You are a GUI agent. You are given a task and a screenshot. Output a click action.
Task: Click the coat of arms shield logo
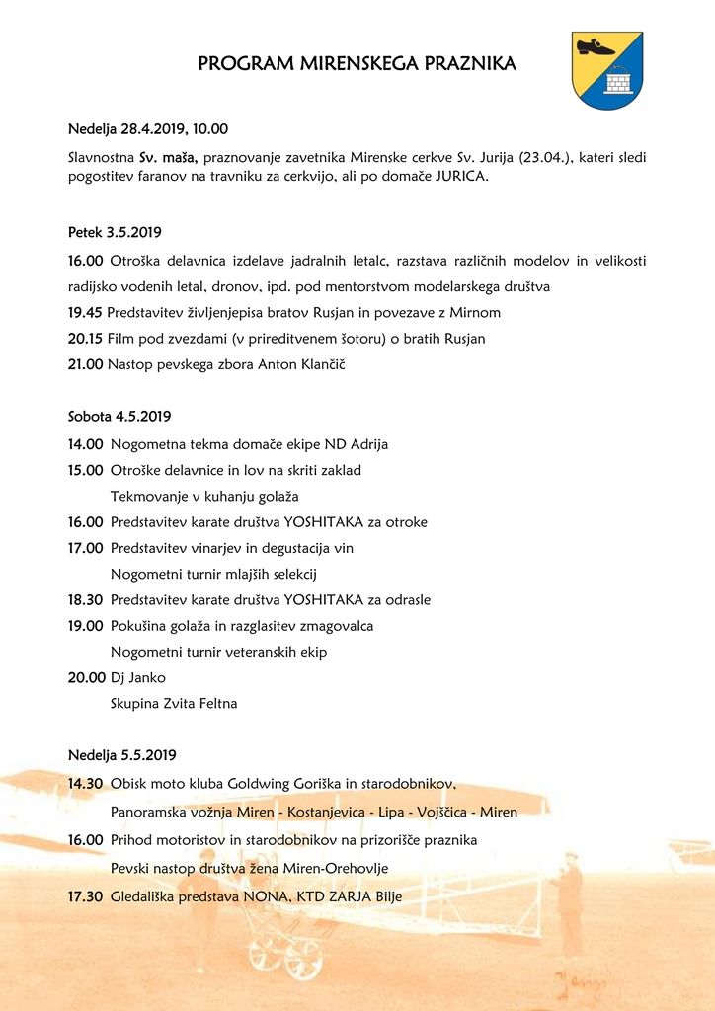607,69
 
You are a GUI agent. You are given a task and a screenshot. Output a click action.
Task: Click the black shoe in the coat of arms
595,47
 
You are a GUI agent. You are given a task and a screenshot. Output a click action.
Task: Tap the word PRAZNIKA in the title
470,64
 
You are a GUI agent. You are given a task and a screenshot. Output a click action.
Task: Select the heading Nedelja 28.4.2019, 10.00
148,129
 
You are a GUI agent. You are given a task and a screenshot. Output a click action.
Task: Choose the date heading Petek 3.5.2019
115,233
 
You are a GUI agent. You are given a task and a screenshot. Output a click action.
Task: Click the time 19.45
85,313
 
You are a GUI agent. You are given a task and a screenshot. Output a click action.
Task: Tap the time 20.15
85,339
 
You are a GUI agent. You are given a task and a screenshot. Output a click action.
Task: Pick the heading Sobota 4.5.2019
119,417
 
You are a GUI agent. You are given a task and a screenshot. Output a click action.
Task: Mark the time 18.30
85,599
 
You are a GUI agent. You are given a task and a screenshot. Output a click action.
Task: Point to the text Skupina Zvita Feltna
174,704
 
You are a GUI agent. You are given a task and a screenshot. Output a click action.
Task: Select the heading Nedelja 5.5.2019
122,756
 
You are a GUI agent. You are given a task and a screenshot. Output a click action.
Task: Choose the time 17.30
85,896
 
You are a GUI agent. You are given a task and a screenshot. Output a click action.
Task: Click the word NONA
265,896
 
